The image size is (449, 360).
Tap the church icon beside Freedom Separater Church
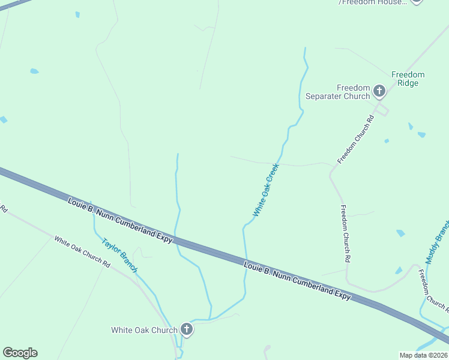click(x=379, y=91)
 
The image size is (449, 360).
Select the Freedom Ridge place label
click(x=408, y=79)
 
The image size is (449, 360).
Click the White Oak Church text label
click(x=144, y=330)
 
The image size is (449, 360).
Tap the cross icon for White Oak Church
click(x=187, y=329)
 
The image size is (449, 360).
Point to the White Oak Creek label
click(x=267, y=190)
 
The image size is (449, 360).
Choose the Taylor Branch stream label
click(x=119, y=256)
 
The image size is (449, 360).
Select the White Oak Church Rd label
click(x=82, y=251)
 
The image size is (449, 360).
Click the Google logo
click(x=20, y=353)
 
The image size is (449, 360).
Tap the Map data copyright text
click(x=424, y=355)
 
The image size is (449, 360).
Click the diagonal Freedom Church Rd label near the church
click(x=356, y=140)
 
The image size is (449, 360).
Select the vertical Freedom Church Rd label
click(x=345, y=234)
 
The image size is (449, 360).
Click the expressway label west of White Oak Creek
click(x=120, y=220)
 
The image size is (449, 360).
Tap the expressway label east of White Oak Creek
click(x=297, y=280)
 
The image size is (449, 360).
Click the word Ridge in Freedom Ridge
click(x=408, y=83)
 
